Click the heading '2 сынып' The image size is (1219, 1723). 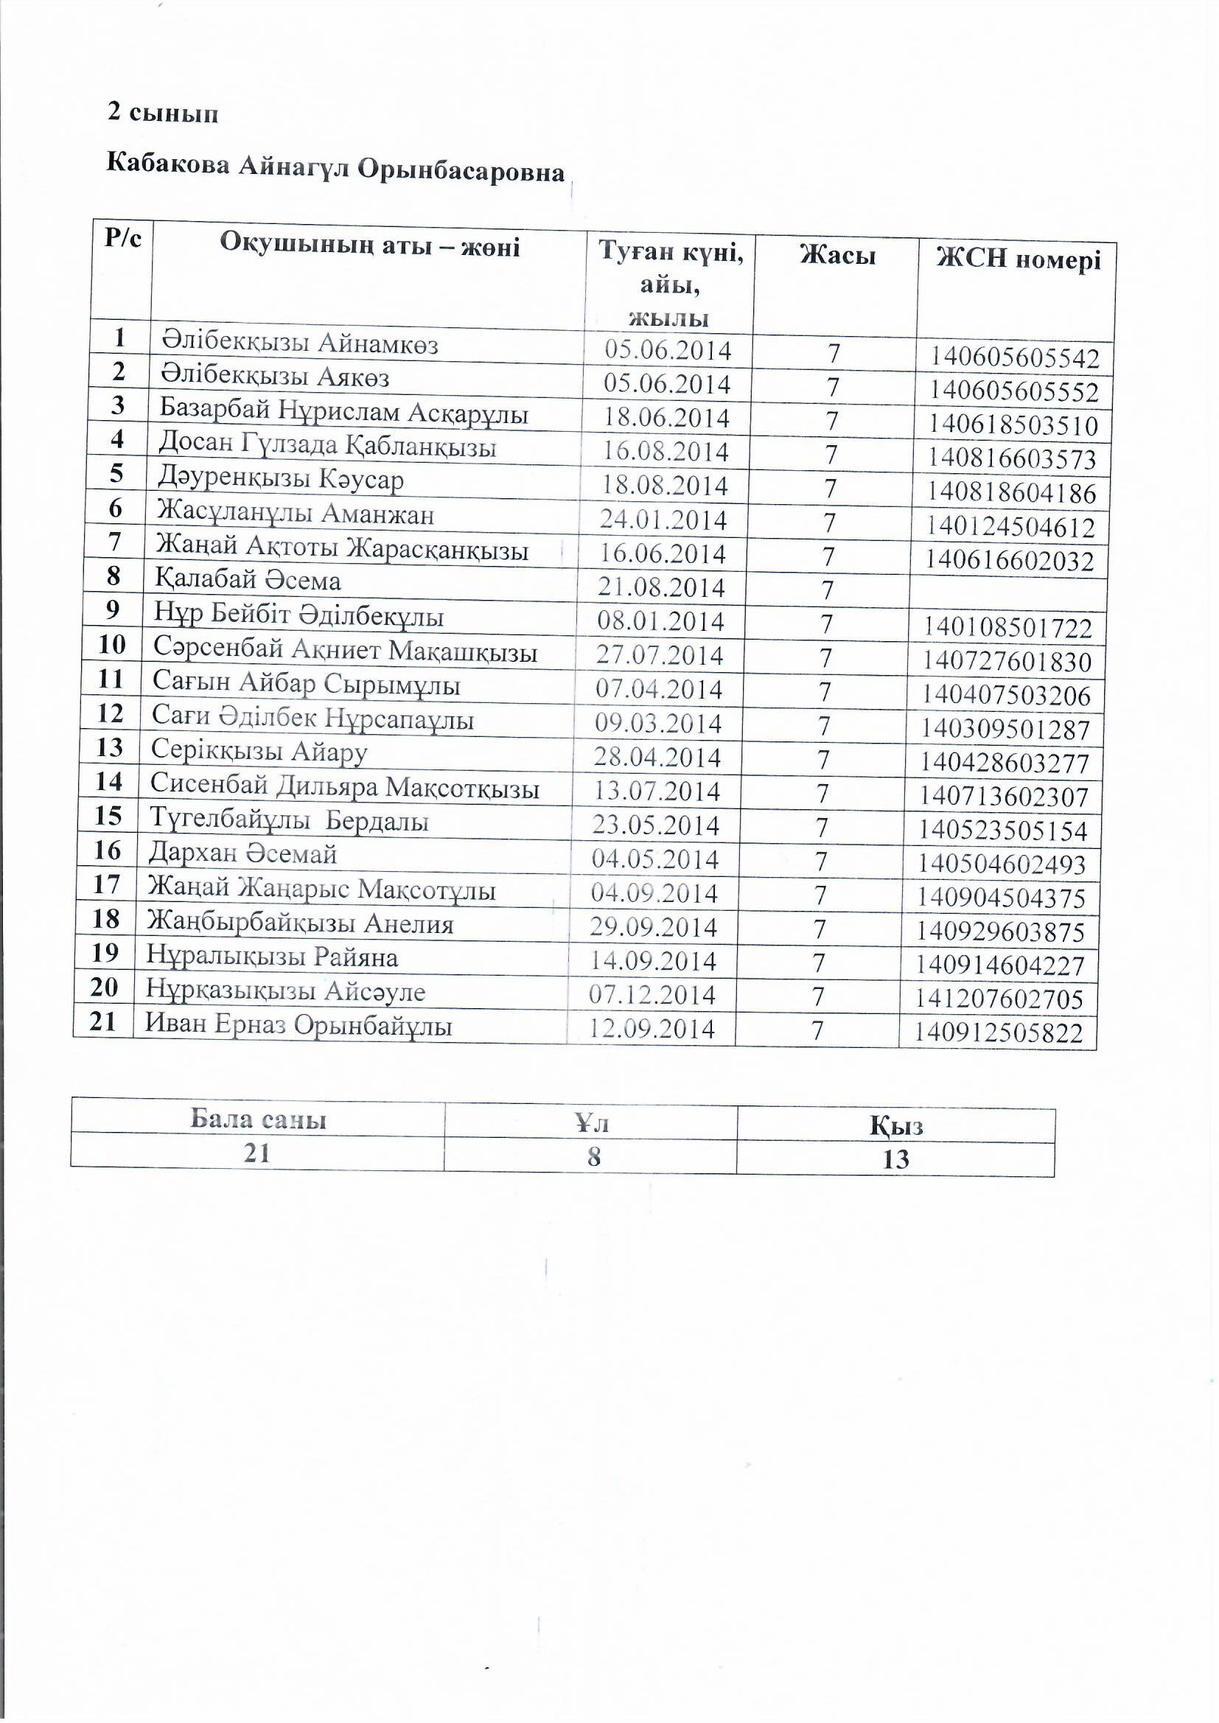click(x=163, y=113)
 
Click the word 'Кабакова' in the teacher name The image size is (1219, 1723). click(x=167, y=163)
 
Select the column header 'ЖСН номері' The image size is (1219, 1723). click(x=1019, y=259)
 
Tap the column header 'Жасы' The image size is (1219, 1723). click(x=837, y=256)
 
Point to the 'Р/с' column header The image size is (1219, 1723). click(x=123, y=238)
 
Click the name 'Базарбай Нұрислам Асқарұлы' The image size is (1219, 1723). click(x=343, y=413)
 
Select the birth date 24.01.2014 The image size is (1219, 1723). click(x=663, y=520)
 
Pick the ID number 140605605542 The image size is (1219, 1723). click(x=1015, y=358)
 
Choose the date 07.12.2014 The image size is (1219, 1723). click(x=652, y=995)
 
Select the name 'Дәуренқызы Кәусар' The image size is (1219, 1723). click(x=280, y=480)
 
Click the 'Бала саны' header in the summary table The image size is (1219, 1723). click(x=258, y=1119)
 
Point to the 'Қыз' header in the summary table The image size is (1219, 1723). click(x=895, y=1125)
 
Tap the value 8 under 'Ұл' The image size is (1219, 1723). click(x=594, y=1156)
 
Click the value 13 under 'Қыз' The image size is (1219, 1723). click(x=895, y=1160)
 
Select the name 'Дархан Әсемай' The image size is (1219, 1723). click(x=242, y=853)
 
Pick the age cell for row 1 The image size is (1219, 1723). click(x=834, y=354)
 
